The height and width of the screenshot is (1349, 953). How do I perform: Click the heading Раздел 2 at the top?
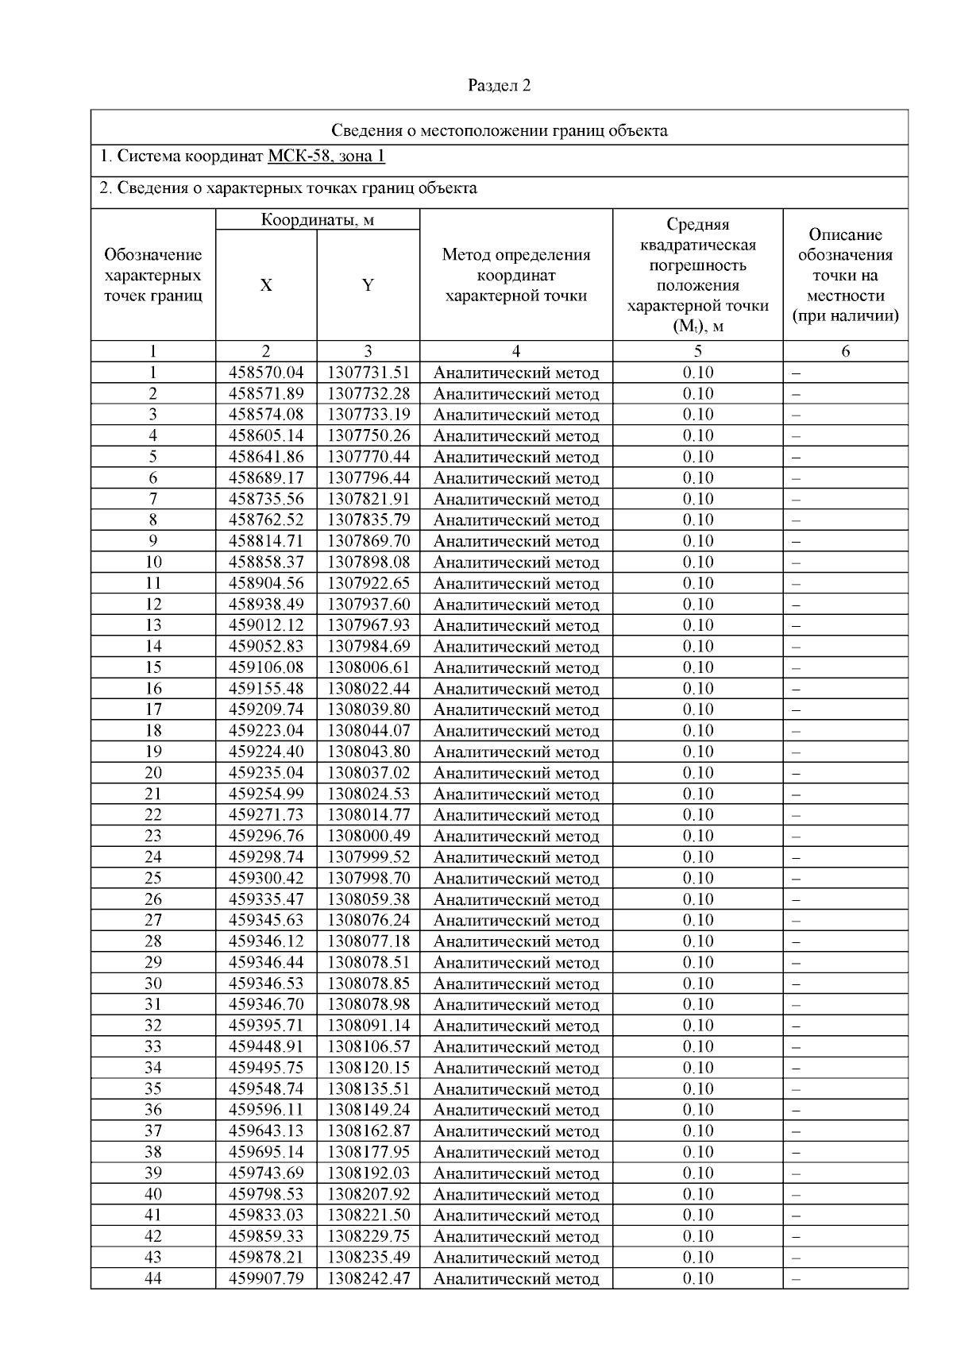coord(499,86)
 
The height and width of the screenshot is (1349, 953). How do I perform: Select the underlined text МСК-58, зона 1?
coord(326,156)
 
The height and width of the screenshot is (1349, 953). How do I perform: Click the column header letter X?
coord(266,286)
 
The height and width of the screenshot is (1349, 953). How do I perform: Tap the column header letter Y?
coord(368,286)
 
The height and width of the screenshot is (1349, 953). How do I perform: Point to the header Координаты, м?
coord(318,220)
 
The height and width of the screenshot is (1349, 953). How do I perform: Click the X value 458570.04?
coord(266,373)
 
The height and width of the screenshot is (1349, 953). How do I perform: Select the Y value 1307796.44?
coord(368,478)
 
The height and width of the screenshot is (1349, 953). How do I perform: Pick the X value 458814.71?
coord(266,541)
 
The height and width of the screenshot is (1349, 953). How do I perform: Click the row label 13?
coord(153,625)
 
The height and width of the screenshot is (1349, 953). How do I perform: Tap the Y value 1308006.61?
coord(368,667)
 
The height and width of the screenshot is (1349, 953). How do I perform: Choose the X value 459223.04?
coord(266,731)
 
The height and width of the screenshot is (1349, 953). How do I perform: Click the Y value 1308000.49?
coord(368,836)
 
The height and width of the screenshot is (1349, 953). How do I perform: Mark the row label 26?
coord(153,899)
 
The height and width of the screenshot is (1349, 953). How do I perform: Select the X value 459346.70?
coord(266,1004)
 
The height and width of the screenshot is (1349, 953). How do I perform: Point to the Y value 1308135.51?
coord(368,1088)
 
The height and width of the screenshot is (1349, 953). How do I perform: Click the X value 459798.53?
coord(266,1194)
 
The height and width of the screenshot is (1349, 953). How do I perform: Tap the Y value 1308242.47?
coord(368,1278)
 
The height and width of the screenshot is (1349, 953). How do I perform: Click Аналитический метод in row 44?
coord(516,1279)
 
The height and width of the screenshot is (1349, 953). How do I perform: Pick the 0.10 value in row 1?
coord(698,373)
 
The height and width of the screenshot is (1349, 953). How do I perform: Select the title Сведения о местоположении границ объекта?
coord(499,131)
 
